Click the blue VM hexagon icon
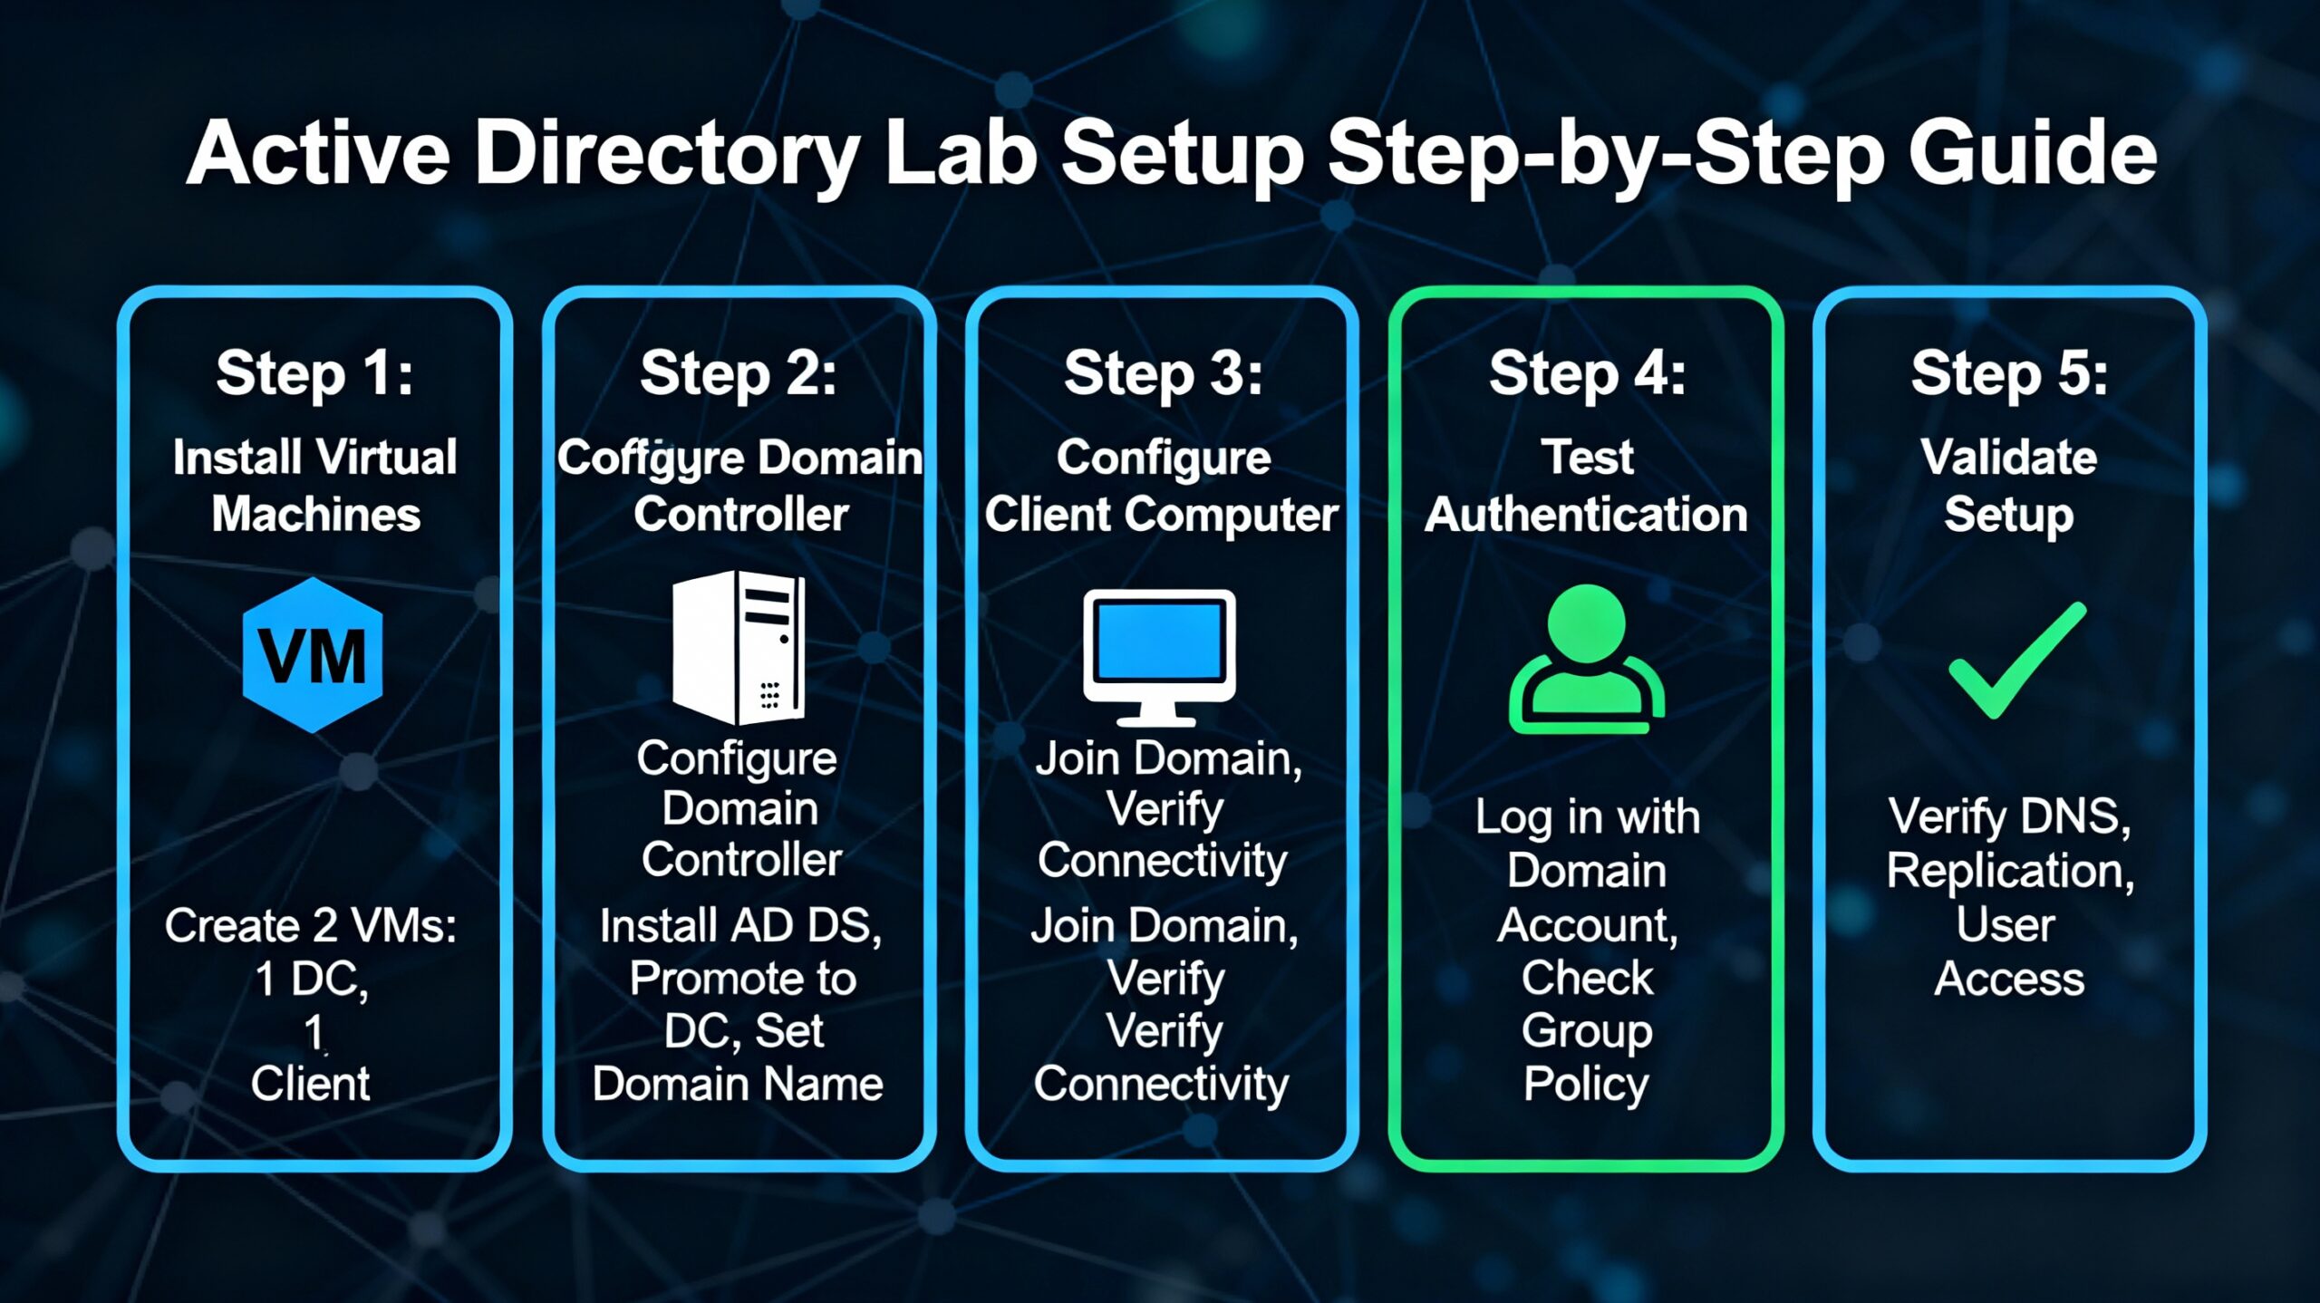pyautogui.click(x=313, y=655)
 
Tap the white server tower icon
pyautogui.click(x=738, y=647)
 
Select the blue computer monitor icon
pyautogui.click(x=1160, y=656)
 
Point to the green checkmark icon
pyautogui.click(x=2017, y=660)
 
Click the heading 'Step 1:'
pyautogui.click(x=314, y=372)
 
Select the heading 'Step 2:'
pyautogui.click(x=739, y=372)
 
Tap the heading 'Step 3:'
pyautogui.click(x=1163, y=372)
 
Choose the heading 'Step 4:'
pyautogui.click(x=1587, y=372)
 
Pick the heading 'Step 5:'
pyautogui.click(x=2009, y=372)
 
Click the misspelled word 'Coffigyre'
pyautogui.click(x=651, y=458)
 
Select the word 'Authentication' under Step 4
pyautogui.click(x=1586, y=515)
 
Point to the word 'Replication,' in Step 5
pyautogui.click(x=2010, y=871)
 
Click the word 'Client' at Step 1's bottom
pyautogui.click(x=311, y=1084)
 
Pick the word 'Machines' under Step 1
pyautogui.click(x=316, y=515)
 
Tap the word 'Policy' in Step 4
pyautogui.click(x=1586, y=1084)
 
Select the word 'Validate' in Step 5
pyautogui.click(x=2009, y=457)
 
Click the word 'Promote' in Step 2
pyautogui.click(x=706, y=979)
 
